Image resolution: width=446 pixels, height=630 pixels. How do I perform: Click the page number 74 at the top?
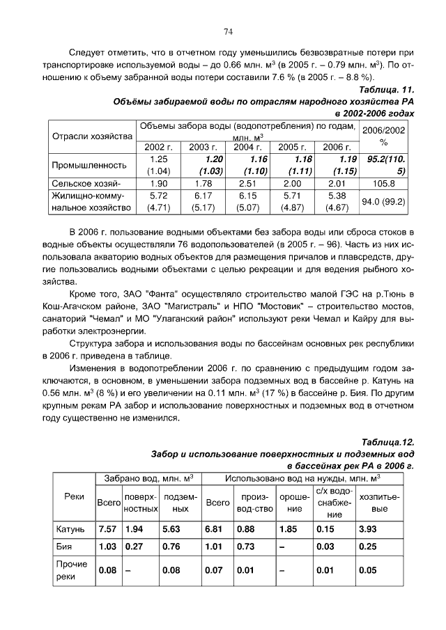pos(228,31)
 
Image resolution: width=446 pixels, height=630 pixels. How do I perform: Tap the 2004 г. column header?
pos(247,147)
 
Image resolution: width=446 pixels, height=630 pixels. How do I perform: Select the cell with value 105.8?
pos(383,184)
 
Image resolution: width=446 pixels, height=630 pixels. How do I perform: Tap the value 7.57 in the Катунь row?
pos(107,530)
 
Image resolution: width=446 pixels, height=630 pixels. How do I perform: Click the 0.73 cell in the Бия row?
pos(246,547)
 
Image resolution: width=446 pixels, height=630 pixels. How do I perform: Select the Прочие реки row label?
pos(71,571)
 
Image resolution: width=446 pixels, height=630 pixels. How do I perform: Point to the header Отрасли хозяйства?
pos(92,136)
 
